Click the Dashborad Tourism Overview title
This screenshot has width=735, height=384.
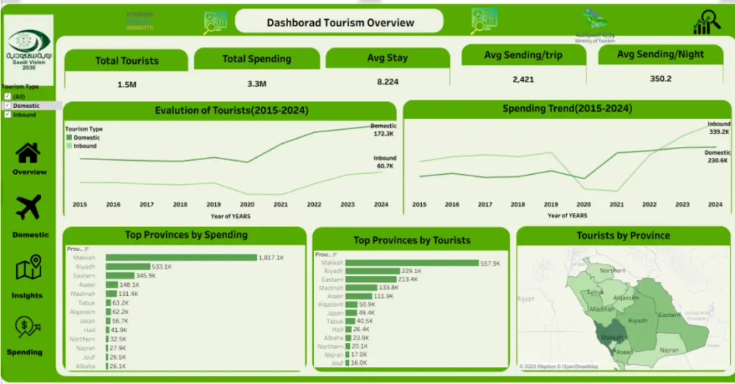[x=340, y=23]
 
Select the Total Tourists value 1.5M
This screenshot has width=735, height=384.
[x=126, y=84]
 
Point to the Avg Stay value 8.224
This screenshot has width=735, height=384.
[x=387, y=82]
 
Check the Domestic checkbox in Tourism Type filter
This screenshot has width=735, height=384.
[x=7, y=106]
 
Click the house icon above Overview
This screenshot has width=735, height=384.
[x=28, y=153]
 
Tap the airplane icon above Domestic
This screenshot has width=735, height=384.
[x=28, y=209]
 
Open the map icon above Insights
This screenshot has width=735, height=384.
[x=28, y=269]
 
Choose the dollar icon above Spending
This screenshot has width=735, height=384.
[x=28, y=327]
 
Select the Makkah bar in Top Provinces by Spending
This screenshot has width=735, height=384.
[x=181, y=258]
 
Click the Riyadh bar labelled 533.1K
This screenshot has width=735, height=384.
[x=128, y=267]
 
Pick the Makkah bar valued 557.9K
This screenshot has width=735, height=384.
[x=412, y=263]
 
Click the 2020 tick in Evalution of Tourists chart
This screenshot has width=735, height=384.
[x=247, y=205]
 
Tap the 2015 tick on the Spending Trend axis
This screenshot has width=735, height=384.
[x=419, y=205]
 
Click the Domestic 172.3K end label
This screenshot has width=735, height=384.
[x=383, y=130]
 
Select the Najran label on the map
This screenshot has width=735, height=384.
[x=670, y=350]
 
